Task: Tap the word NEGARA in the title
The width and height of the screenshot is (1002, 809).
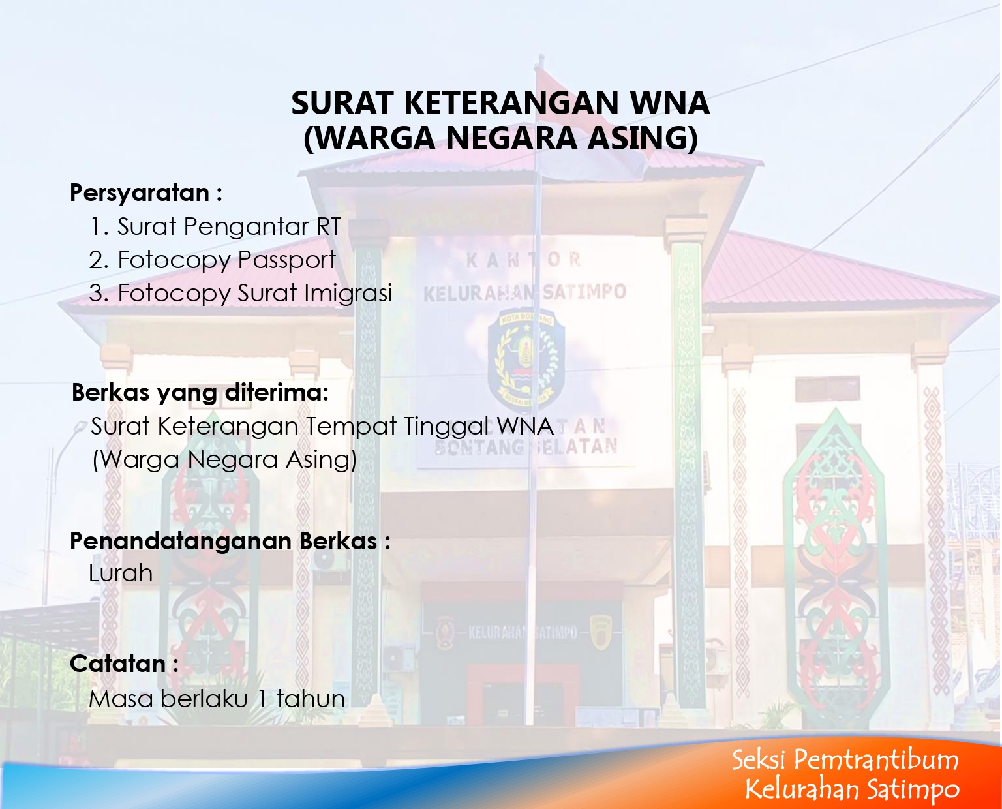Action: click(511, 138)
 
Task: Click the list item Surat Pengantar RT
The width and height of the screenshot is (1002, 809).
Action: click(215, 226)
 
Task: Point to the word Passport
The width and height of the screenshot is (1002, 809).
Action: click(286, 260)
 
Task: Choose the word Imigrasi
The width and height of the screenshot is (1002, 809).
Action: click(348, 294)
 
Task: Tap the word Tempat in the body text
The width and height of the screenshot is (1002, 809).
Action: click(351, 426)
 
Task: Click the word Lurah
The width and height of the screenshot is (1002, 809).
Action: click(121, 573)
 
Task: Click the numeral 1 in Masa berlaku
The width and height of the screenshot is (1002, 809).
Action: click(262, 699)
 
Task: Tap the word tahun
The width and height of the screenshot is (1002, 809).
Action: click(311, 699)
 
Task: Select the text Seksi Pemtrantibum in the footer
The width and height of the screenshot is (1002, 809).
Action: click(845, 759)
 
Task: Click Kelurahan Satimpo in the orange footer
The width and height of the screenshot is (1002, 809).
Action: click(852, 789)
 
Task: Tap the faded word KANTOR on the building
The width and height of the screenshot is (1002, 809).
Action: click(523, 260)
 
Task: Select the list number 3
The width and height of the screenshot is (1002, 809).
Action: click(99, 294)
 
